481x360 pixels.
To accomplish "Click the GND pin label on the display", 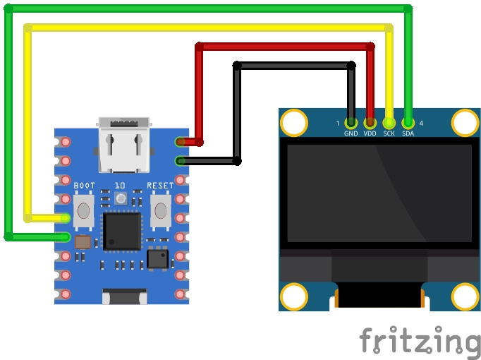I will pyautogui.click(x=351, y=133).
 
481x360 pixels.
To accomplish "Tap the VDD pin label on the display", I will pyautogui.click(x=370, y=133).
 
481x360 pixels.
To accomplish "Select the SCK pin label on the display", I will pyautogui.click(x=389, y=133).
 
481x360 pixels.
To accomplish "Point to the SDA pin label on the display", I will pyautogui.click(x=408, y=133).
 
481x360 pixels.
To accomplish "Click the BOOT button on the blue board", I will pyautogui.click(x=84, y=210).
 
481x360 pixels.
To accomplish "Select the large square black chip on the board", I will pyautogui.click(x=122, y=231).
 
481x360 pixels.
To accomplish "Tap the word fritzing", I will pyautogui.click(x=419, y=342).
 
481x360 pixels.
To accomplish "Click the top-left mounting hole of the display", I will pyautogui.click(x=294, y=123).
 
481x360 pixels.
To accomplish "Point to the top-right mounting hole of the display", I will pyautogui.click(x=465, y=123).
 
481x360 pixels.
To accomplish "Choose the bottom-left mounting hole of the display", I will pyautogui.click(x=294, y=296).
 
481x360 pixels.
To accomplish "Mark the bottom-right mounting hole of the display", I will pyautogui.click(x=465, y=296).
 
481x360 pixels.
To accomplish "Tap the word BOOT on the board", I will pyautogui.click(x=85, y=186).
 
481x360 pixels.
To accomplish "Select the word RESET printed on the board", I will pyautogui.click(x=160, y=186).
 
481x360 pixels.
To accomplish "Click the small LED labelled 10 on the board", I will pyautogui.click(x=121, y=199).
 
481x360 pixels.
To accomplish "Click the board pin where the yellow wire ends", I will pyautogui.click(x=65, y=218).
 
